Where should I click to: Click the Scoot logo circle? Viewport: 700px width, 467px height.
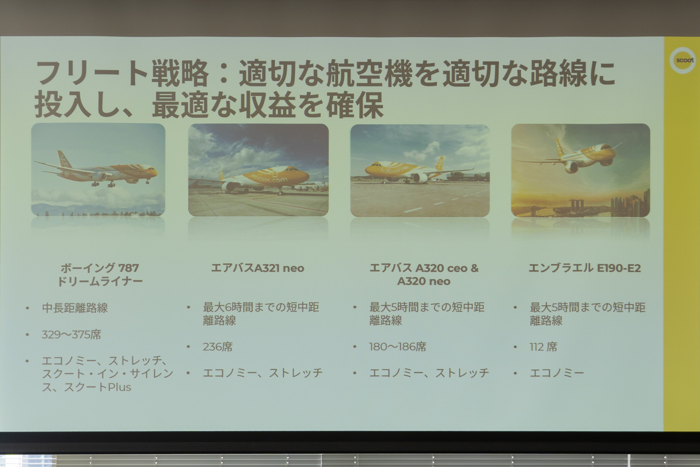683,60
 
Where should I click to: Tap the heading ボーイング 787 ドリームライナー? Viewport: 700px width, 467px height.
100,274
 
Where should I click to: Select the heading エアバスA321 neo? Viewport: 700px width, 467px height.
257,268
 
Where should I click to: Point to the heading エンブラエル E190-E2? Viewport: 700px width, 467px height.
584,268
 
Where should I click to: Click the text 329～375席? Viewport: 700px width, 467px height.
71,335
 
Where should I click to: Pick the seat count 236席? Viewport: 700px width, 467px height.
217,347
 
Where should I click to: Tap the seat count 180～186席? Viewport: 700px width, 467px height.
397,347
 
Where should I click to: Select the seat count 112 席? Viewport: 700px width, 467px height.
543,347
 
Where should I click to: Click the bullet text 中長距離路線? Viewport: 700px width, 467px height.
75,308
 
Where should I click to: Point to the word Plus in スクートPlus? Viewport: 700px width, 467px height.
119,387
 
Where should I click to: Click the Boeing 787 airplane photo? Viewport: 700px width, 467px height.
98,170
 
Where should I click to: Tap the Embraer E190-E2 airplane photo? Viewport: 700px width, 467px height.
580,170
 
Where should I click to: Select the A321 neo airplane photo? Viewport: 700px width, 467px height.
258,170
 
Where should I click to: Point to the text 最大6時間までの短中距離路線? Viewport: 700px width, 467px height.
261,314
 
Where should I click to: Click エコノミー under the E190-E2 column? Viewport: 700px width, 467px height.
557,373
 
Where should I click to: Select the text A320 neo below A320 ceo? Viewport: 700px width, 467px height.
424,281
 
